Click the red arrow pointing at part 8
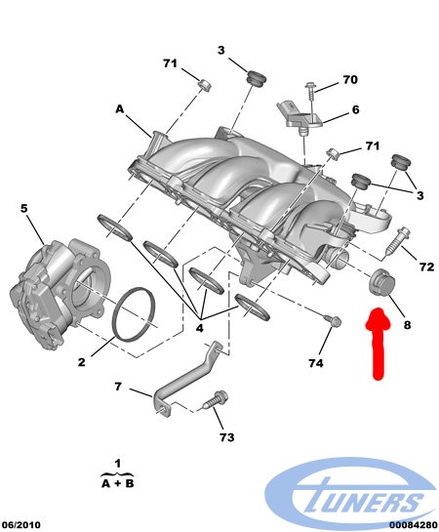(x=378, y=343)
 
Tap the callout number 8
(x=407, y=325)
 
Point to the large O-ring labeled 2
(x=134, y=313)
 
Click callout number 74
(x=316, y=363)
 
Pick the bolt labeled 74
(x=333, y=320)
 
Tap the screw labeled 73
(x=216, y=400)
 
